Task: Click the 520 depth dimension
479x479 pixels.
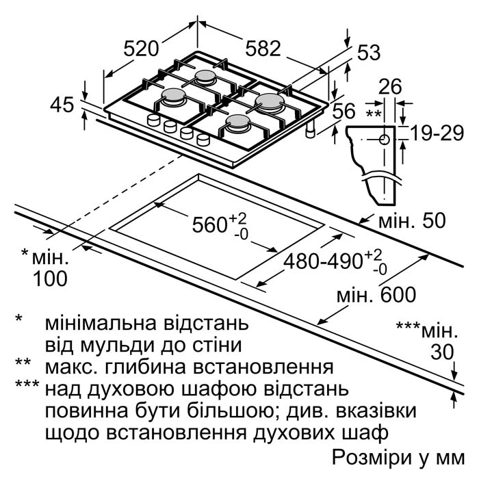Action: [x=142, y=49]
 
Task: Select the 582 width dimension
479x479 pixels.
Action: [x=263, y=49]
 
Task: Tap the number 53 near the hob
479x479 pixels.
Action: [x=368, y=52]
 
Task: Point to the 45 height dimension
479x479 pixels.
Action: [x=62, y=105]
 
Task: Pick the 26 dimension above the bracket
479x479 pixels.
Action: [x=390, y=86]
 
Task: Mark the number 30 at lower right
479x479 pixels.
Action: [x=443, y=352]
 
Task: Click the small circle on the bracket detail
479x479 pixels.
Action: [x=384, y=139]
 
